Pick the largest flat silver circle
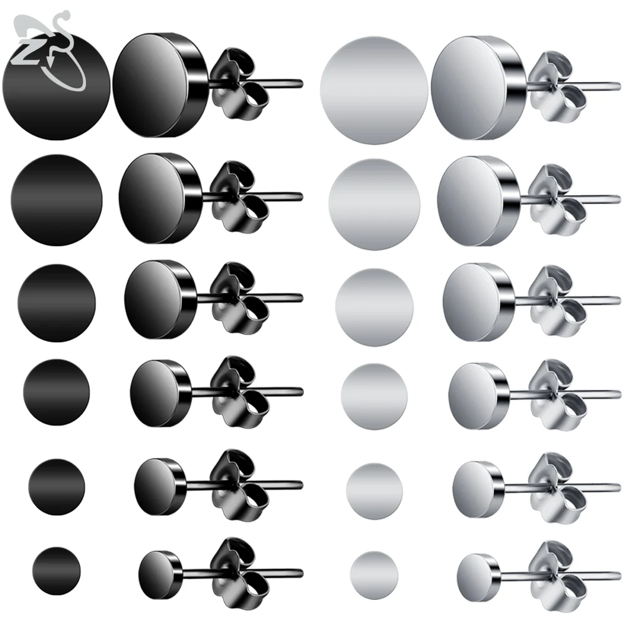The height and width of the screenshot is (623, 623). [x=374, y=87]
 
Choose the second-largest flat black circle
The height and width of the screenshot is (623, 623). [x=56, y=199]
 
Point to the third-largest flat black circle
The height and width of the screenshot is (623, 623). [x=57, y=302]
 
